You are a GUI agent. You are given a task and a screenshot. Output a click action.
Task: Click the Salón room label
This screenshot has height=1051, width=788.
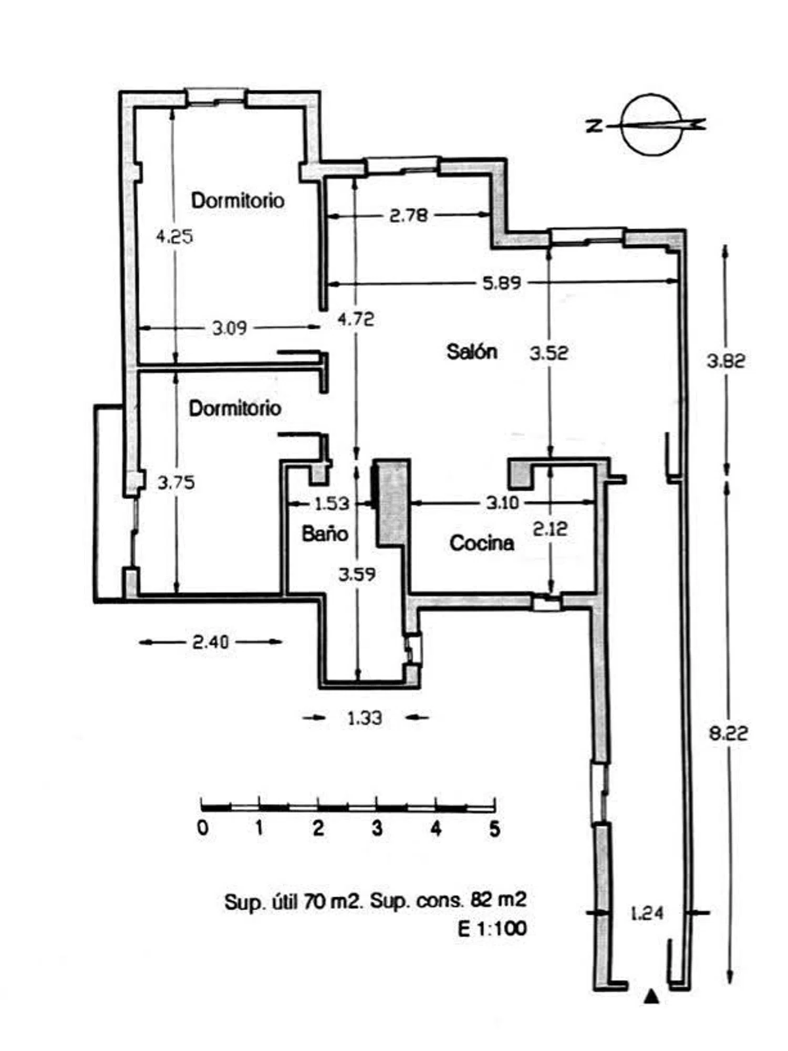click(471, 351)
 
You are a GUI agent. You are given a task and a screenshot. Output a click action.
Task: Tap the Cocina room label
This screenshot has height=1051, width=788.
click(481, 543)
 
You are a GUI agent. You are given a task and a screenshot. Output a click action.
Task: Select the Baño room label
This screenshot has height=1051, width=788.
click(325, 534)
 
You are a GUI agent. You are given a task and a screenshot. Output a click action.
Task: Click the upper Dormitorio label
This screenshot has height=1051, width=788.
click(237, 200)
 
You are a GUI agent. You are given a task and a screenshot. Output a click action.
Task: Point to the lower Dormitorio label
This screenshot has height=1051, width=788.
click(235, 408)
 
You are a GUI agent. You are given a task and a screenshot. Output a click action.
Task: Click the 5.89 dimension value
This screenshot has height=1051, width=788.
click(502, 283)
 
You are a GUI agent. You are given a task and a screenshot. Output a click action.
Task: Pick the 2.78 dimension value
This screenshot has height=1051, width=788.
click(408, 215)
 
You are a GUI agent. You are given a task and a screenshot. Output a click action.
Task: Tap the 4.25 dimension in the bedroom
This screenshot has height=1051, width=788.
click(174, 236)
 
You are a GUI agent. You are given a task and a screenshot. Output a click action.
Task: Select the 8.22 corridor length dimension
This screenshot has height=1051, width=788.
click(728, 733)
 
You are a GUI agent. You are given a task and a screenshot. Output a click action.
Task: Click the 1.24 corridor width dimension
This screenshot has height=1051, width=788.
click(647, 913)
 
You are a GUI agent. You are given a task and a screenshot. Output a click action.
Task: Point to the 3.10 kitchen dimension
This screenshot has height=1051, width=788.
click(502, 503)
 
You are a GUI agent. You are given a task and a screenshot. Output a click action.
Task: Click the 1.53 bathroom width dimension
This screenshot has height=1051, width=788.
click(331, 504)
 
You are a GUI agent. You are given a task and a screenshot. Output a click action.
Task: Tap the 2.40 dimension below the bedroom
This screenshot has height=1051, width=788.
click(210, 642)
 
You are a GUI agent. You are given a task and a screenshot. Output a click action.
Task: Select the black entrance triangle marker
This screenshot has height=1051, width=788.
click(651, 996)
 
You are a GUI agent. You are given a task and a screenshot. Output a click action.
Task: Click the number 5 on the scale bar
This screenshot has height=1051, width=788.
click(494, 828)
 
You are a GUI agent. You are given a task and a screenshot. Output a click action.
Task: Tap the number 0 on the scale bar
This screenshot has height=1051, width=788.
click(203, 828)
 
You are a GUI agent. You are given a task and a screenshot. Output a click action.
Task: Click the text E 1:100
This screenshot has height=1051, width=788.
click(492, 929)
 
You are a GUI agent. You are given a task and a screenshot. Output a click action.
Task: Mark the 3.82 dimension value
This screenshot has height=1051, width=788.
click(725, 361)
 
